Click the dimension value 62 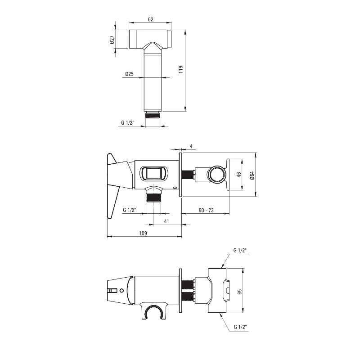click(150, 19)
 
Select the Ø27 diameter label click(112, 40)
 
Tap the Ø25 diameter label click(130, 74)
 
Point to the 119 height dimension click(181, 69)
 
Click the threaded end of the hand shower click(153, 115)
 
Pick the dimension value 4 click(192, 146)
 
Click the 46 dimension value click(239, 175)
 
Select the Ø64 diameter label click(252, 175)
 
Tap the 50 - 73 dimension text click(206, 210)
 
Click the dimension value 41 click(166, 221)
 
